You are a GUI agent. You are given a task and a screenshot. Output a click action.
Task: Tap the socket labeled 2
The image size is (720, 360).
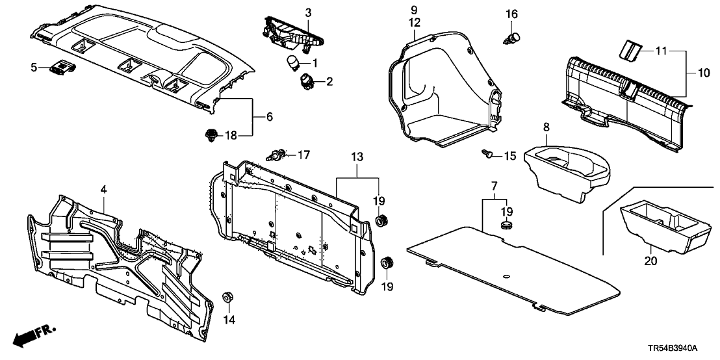point(304,82)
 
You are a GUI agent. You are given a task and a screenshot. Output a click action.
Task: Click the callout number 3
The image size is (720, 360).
point(308,12)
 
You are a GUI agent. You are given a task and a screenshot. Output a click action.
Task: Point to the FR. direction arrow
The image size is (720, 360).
point(29,337)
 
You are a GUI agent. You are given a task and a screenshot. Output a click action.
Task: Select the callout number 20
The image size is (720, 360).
point(651,262)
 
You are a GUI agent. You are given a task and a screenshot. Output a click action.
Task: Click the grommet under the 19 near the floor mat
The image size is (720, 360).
point(506,225)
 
